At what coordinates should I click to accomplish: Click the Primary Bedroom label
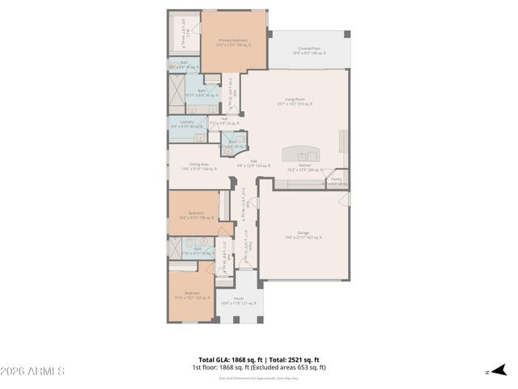coord(233,42)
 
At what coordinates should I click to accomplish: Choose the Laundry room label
coord(186,124)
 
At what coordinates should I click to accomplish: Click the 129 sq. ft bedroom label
coord(191,295)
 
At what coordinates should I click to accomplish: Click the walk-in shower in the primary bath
coord(176,85)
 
